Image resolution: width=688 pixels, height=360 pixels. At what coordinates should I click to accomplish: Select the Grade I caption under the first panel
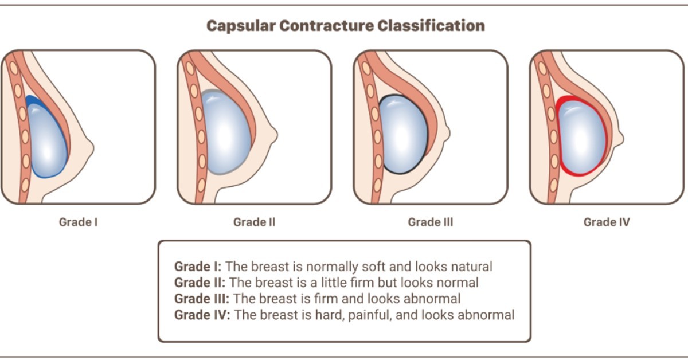[x=78, y=222]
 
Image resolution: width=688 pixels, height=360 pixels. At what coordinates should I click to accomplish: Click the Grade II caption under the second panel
[x=254, y=222]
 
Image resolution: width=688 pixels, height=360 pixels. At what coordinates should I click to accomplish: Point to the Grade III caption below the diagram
[x=430, y=222]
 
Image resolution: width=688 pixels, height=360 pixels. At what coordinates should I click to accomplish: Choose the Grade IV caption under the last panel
[x=606, y=222]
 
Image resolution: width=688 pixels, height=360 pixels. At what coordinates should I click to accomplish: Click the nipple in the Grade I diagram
[x=89, y=148]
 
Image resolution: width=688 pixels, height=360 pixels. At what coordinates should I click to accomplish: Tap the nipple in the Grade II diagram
[x=273, y=135]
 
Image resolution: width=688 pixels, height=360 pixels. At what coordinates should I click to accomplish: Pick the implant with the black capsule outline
[x=404, y=135]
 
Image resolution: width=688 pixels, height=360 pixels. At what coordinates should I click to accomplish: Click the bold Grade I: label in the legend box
[x=198, y=267]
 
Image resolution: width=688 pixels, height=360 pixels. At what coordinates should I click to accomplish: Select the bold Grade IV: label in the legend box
[x=201, y=315]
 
